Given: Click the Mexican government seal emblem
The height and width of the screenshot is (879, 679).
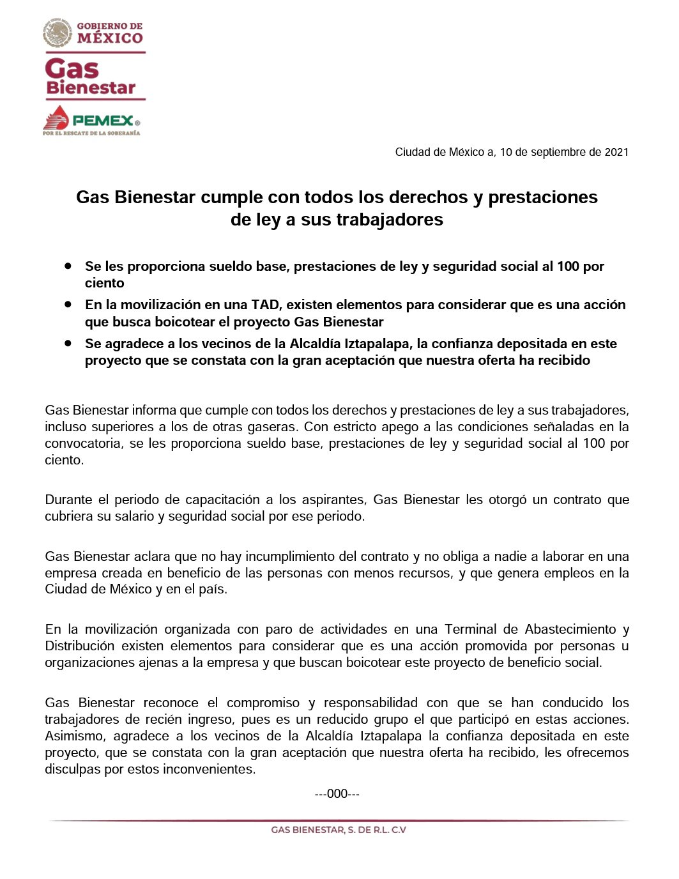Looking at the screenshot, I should coord(57,33).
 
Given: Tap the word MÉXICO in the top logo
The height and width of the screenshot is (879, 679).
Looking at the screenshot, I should coord(110,38).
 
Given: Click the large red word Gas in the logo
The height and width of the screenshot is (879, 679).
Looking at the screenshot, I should coord(72,69).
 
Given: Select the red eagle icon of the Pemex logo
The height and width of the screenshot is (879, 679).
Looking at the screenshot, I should coord(56,119).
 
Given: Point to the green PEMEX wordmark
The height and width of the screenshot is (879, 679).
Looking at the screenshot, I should coord(102,120).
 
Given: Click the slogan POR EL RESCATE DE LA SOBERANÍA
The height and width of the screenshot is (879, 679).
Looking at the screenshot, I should coord(91,133).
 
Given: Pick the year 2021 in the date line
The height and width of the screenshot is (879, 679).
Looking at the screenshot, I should coord(616,152).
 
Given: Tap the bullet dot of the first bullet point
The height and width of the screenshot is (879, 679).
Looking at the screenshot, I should coord(68,265).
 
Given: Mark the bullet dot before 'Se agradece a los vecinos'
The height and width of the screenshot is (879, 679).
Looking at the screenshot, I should coord(68,343).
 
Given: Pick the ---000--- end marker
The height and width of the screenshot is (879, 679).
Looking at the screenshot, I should coord(337,794).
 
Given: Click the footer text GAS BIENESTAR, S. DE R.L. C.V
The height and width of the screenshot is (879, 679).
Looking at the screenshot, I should coord(339,830).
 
